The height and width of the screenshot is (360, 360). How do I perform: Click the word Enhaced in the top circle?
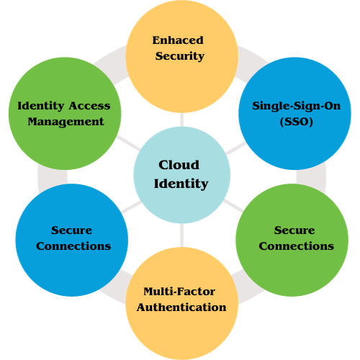178,40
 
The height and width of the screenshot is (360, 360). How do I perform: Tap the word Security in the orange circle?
180,56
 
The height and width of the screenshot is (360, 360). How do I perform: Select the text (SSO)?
296,122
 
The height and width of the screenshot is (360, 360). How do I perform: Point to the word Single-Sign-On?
296,106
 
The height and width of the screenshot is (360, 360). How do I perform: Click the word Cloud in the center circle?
179,165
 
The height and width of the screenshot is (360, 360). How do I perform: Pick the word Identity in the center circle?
181,184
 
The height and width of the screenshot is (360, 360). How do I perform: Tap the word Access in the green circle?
90,106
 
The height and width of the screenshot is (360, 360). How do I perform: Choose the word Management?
66,122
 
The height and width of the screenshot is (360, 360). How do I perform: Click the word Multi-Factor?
179,292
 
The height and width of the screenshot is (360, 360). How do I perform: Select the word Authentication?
181,307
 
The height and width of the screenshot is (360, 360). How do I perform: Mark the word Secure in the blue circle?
71,230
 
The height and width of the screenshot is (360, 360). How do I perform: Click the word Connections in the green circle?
296,246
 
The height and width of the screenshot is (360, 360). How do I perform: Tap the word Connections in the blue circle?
73,246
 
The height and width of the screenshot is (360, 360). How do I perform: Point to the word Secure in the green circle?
294,230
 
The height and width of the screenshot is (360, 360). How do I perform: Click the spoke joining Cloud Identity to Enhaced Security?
181,120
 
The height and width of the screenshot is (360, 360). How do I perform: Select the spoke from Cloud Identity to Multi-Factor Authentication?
181,235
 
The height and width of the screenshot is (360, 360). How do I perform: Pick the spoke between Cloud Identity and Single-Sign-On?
236,148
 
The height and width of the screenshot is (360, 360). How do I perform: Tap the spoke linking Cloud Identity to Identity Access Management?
128,143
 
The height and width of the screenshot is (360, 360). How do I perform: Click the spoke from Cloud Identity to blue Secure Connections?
131,207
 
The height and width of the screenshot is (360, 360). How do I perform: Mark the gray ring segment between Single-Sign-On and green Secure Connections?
311,176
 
